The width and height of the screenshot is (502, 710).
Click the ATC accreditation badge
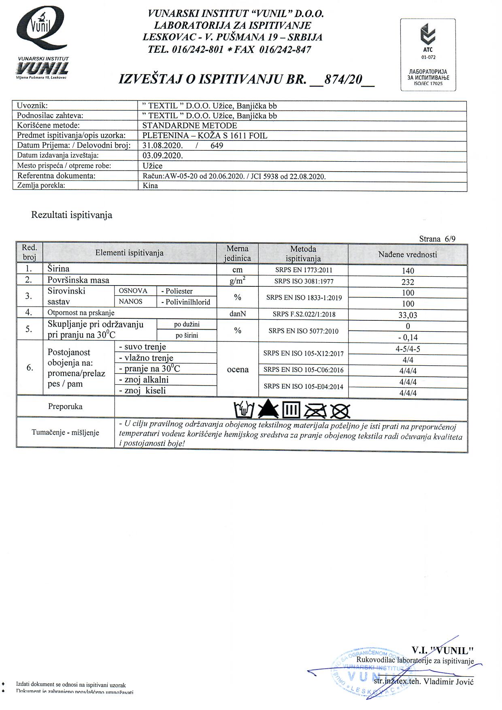point(428,55)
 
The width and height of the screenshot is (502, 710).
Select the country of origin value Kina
point(150,186)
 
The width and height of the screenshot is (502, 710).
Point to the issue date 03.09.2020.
point(163,156)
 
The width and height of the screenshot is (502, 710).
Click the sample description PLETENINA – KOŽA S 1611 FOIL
point(205,136)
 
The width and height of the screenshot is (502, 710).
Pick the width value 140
point(408,271)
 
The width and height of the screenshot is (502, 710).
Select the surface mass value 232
point(408,282)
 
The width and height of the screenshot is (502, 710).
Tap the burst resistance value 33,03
point(408,315)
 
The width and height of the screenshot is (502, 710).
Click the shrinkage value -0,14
point(408,337)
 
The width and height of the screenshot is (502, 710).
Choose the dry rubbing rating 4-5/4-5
point(408,349)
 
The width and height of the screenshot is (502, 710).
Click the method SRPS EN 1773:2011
point(303,270)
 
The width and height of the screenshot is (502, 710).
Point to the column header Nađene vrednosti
point(408,255)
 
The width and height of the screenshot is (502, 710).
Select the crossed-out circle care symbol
point(340,411)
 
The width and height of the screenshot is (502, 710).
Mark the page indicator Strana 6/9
point(437,239)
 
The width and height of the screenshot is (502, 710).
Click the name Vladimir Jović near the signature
point(449,681)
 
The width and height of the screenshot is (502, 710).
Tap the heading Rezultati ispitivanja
point(72,215)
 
